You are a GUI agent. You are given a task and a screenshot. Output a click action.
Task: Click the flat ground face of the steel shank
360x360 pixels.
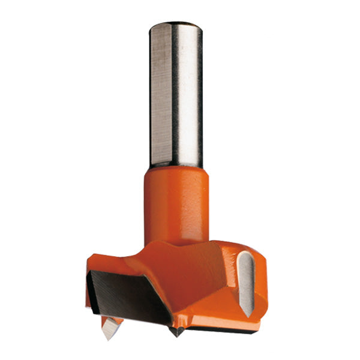click(x=161, y=96)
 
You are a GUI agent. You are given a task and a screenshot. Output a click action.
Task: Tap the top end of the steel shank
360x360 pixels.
click(x=175, y=25)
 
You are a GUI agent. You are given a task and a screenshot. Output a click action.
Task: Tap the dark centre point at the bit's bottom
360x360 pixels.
click(x=176, y=331)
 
